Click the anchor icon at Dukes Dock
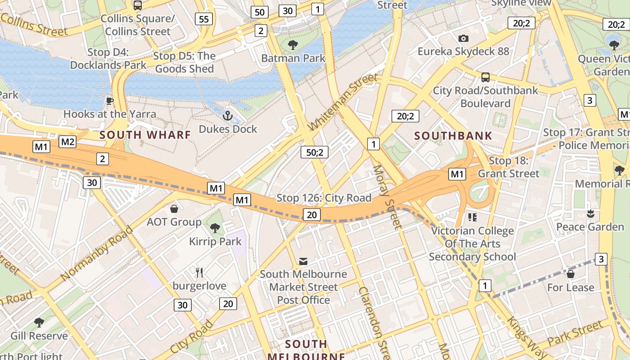[x=228, y=116]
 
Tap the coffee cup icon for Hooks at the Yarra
[x=109, y=101]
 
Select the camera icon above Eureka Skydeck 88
[x=463, y=39]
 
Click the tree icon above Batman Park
[x=293, y=45]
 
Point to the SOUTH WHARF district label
[x=145, y=135]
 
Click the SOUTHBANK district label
[x=453, y=135]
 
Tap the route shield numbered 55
[x=204, y=18]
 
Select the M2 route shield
[x=67, y=142]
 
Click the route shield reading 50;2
[x=315, y=152]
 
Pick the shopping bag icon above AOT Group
[x=174, y=209]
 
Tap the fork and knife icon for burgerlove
[x=199, y=272]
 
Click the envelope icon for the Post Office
[x=303, y=261]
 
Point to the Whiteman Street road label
[x=342, y=102]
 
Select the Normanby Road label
[x=97, y=253]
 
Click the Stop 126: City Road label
[x=324, y=198]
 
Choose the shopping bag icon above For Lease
[x=571, y=274]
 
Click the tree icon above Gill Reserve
[x=39, y=322]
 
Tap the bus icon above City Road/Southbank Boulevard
[x=485, y=77]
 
